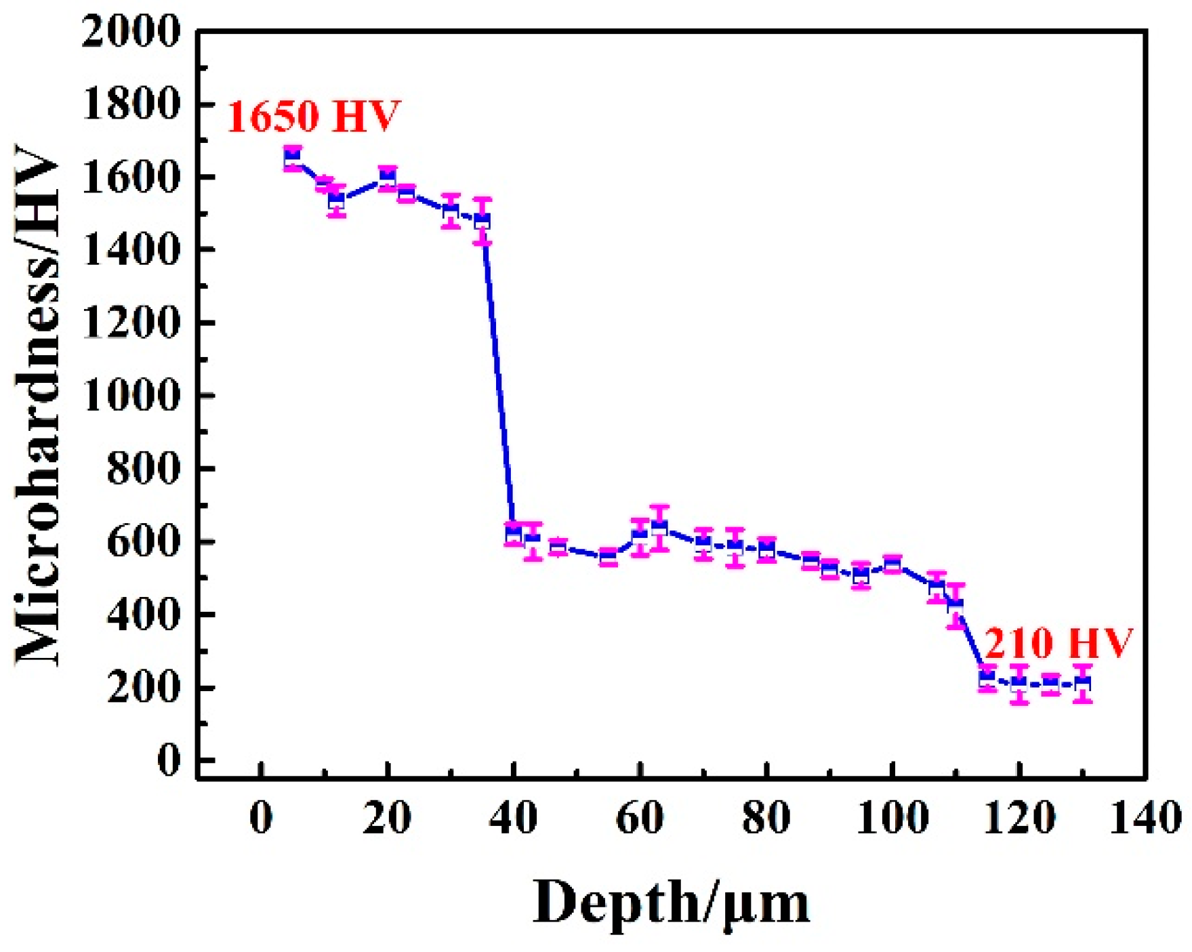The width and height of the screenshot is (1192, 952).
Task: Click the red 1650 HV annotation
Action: click(x=313, y=116)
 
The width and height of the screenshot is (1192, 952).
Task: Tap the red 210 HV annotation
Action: click(x=1057, y=642)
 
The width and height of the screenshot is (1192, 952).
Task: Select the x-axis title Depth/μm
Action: click(x=671, y=903)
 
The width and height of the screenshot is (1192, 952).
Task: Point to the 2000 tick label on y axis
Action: click(x=131, y=31)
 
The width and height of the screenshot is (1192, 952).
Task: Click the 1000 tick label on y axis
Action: click(x=131, y=396)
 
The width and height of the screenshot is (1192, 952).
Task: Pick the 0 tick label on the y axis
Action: click(x=169, y=760)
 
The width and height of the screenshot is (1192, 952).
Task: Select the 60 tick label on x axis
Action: click(x=639, y=818)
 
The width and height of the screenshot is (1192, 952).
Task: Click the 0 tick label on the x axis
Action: click(x=261, y=818)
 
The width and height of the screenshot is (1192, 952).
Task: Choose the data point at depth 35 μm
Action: click(x=482, y=221)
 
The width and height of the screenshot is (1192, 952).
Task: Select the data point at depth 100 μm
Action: click(x=892, y=564)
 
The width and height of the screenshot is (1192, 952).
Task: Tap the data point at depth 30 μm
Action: click(x=451, y=211)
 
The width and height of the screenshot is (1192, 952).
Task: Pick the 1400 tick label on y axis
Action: click(x=131, y=250)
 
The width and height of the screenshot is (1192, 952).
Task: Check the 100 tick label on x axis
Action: click(x=892, y=818)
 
